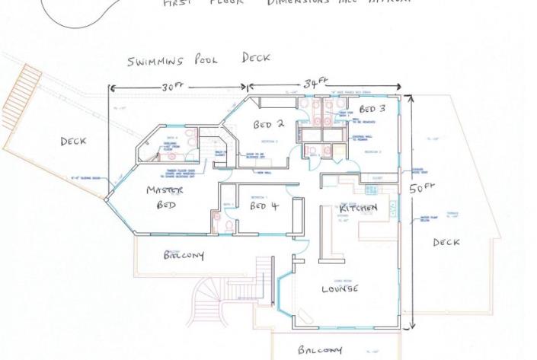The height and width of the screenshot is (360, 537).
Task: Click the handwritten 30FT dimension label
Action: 174,88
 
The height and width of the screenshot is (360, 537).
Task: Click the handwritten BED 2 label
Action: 269,124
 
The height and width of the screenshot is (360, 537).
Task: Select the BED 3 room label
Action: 372,110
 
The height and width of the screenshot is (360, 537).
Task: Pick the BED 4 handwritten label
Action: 265,206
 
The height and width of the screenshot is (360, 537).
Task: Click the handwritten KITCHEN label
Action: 359,208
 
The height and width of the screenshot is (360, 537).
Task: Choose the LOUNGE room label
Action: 340,289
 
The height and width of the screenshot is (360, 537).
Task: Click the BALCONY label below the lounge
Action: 320,351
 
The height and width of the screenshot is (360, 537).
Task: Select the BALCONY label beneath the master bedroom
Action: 184,256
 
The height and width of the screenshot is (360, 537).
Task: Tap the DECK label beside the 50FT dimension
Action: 446,243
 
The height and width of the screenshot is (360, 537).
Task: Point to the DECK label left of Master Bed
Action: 72,142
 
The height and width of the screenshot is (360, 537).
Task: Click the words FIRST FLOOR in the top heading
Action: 204,3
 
